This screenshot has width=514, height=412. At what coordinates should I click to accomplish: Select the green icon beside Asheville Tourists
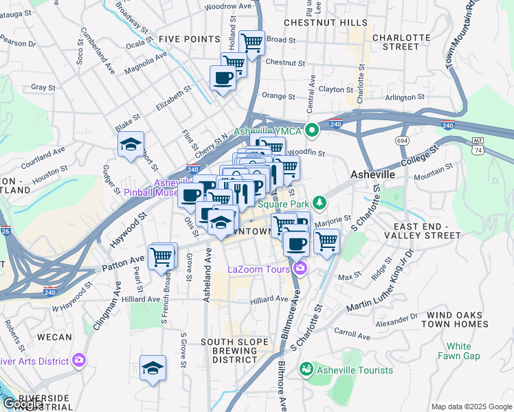coord(305,369)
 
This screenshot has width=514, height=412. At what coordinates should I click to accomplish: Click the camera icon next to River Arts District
coord(79,360)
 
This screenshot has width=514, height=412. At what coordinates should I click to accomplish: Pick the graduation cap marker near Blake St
coord(131,145)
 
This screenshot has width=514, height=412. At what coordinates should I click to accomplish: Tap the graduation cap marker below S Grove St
coord(153,369)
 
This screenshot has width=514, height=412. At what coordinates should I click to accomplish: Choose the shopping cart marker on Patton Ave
coord(162,257)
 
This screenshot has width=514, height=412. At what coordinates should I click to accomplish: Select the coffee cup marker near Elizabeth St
coord(222,79)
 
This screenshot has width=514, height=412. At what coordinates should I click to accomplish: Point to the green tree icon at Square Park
coord(319,203)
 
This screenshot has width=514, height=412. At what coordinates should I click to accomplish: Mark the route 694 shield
coord(403,139)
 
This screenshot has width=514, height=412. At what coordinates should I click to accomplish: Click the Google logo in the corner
coord(22,404)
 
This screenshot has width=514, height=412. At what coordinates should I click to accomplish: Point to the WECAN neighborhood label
coord(54,337)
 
